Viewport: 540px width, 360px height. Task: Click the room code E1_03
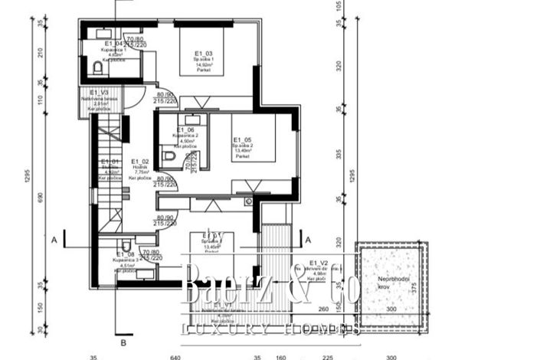point(203,52)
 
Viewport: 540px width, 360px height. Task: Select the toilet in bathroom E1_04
point(97,69)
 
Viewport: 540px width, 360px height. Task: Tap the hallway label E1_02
point(140,162)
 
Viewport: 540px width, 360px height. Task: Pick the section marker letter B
point(122,343)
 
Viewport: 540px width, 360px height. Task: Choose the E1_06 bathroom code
point(186,130)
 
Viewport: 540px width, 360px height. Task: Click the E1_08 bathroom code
point(125,254)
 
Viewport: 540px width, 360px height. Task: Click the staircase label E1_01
point(109,162)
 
